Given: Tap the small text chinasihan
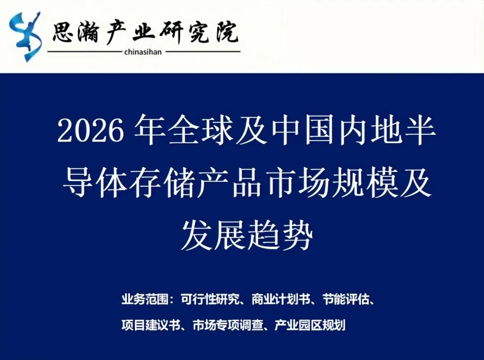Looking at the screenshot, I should click(x=143, y=52).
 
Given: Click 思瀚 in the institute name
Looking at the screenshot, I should click(x=74, y=32).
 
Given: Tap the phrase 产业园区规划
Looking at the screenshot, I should click(x=309, y=325).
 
